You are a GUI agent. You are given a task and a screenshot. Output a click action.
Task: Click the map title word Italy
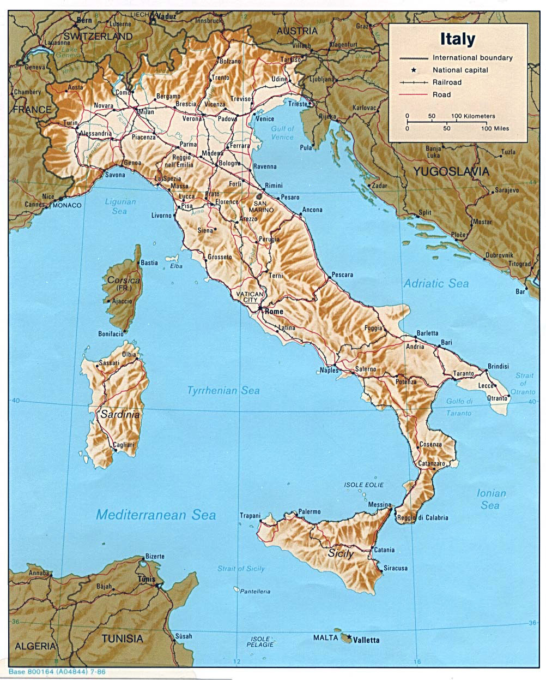coord(457,40)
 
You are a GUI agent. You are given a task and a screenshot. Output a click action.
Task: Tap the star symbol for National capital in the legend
coord(414,70)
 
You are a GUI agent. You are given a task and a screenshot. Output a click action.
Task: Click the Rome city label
coord(274,311)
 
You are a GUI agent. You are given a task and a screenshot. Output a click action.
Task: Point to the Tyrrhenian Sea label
coord(223,390)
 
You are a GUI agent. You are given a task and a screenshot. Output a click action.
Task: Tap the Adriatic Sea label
coord(436,283)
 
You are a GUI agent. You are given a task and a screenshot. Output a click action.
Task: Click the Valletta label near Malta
coord(366,640)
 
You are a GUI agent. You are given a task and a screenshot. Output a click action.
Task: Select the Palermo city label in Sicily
coord(309,512)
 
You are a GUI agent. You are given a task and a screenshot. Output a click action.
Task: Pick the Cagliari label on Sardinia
coord(123,445)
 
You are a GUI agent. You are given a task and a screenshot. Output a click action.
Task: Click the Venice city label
coord(265,118)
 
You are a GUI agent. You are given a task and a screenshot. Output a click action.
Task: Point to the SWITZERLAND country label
coord(98,36)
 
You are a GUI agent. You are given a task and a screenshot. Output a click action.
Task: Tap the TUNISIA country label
coord(122,639)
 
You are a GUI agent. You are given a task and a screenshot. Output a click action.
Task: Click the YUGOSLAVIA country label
coord(451,171)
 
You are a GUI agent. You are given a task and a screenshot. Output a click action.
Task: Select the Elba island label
coord(176,267)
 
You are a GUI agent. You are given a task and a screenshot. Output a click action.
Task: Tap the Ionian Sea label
coord(491,499)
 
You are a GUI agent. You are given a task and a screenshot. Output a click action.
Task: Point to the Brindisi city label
coord(498,366)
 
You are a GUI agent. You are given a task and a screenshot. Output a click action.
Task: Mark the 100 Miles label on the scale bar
coord(495,128)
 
